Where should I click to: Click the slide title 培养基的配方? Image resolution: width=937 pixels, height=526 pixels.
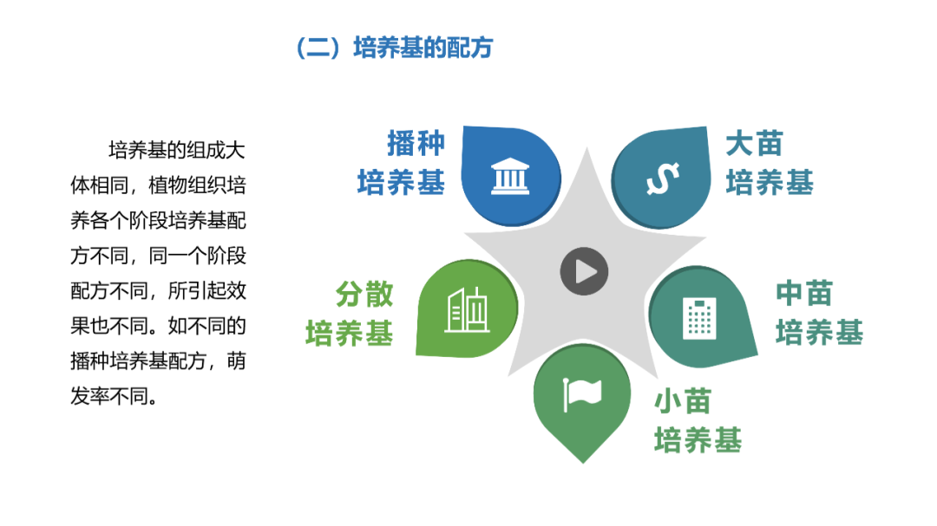coord(423,48)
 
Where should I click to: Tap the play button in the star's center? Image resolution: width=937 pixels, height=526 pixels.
coord(584,271)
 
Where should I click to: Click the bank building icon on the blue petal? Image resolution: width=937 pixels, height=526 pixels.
coord(510,177)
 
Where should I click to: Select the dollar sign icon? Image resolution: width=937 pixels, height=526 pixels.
coord(663,179)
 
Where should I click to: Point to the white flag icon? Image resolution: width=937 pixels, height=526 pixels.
coord(582,394)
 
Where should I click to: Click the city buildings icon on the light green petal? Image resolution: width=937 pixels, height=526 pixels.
coord(468,309)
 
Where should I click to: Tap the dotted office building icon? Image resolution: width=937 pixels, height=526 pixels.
coord(699,318)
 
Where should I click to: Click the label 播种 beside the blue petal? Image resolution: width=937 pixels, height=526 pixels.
coord(416,143)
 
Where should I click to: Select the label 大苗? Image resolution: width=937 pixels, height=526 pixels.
coord(754,144)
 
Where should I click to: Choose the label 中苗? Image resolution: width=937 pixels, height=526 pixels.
coord(804,293)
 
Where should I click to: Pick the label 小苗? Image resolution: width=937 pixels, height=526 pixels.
coord(683,401)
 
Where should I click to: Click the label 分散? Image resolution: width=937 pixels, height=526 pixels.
coord(364,294)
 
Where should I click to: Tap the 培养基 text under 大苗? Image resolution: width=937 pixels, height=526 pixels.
coord(770,182)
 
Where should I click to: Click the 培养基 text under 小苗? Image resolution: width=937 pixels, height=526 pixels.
coord(698,440)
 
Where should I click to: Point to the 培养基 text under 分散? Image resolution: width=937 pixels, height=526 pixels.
coord(350,333)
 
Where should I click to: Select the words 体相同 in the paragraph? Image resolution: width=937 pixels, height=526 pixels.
coord(99,185)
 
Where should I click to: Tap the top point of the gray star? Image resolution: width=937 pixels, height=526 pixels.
coord(586,147)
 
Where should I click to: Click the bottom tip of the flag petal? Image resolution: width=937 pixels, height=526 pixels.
coord(583,463)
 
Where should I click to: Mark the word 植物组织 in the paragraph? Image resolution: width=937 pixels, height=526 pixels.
coord(187,185)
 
